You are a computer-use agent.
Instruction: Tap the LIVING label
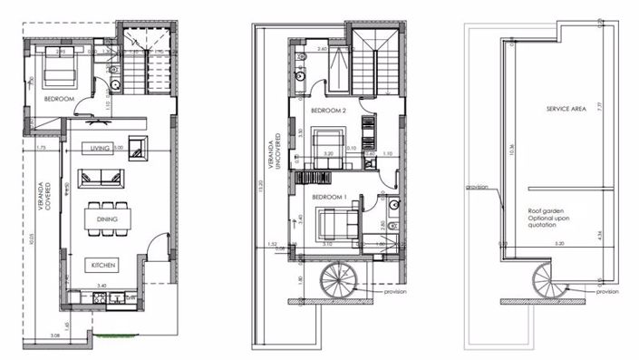pyautogui.click(x=100, y=148)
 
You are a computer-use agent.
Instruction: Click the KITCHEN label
pyautogui.click(x=101, y=265)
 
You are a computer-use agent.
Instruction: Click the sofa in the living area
pyautogui.click(x=100, y=175)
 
